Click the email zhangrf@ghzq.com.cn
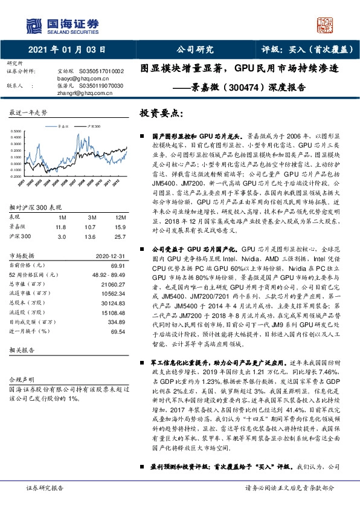[82, 93]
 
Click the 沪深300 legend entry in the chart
[91, 128]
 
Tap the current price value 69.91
[116, 248]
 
